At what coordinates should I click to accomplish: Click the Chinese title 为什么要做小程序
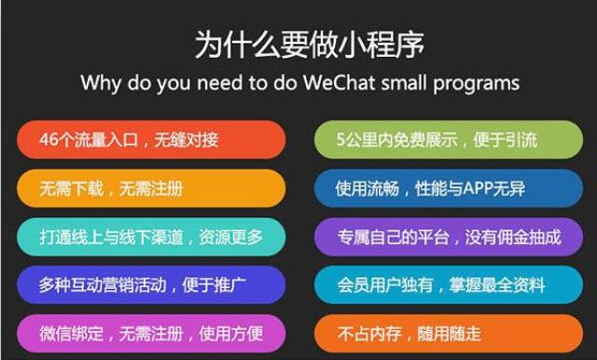coord(309,45)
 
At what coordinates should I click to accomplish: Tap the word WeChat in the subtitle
coord(339,82)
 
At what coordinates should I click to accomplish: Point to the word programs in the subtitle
coord(477,84)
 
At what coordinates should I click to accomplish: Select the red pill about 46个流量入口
coord(151,140)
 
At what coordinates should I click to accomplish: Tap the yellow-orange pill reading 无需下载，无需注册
coord(151,188)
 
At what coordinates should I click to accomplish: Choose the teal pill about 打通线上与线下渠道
coord(151,237)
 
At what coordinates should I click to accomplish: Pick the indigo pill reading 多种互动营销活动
coord(151,285)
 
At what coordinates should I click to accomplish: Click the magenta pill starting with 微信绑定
coord(151,333)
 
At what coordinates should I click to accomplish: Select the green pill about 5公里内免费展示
coord(449,140)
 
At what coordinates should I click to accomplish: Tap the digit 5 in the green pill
coord(340,140)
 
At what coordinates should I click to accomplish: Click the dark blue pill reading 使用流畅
coord(449,188)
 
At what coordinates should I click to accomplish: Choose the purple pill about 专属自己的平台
coord(449,237)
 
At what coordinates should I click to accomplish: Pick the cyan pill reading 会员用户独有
coord(449,285)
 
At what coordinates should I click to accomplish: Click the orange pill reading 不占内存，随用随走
coord(449,333)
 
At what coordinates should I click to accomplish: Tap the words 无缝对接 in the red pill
coord(187,140)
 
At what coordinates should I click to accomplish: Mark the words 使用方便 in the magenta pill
coord(230,334)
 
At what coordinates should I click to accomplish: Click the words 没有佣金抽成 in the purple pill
coord(513,237)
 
